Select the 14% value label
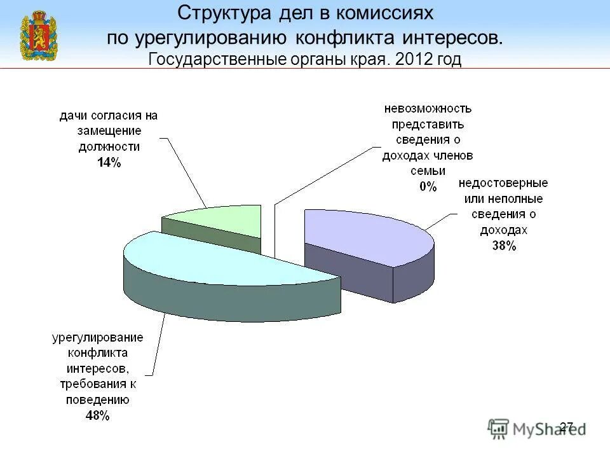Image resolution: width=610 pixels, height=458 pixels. click(109, 162)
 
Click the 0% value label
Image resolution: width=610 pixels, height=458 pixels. click(428, 186)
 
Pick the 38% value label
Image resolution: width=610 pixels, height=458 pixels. click(504, 246)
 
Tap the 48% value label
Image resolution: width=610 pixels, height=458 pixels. click(98, 416)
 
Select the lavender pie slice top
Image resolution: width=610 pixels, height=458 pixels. click(365, 235)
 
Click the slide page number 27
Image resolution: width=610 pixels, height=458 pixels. click(566, 426)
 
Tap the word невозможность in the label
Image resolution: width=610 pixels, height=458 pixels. click(428, 109)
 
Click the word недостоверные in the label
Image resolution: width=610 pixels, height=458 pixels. click(504, 183)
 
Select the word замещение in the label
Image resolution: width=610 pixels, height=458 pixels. click(109, 131)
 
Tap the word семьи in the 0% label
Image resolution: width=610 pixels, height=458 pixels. click(428, 171)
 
